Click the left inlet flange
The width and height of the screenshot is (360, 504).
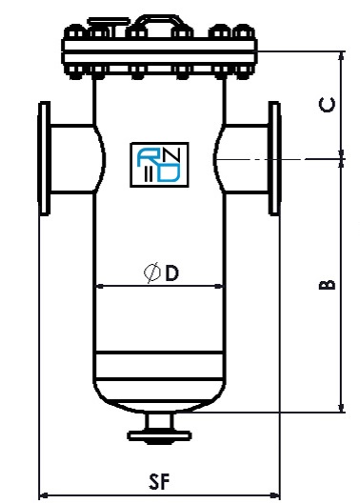(44, 154)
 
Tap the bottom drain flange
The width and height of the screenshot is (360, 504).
(160, 437)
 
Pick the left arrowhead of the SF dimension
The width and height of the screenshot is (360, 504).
(44, 494)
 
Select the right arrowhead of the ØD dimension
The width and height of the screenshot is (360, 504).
(223, 286)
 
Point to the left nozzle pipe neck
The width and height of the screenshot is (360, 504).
(71, 154)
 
